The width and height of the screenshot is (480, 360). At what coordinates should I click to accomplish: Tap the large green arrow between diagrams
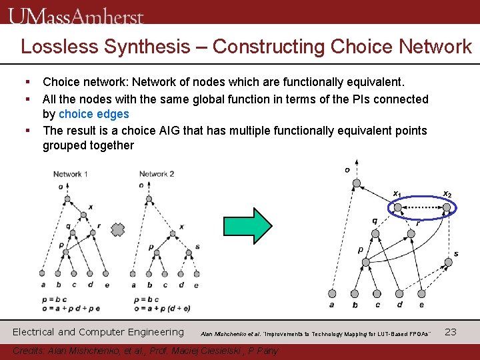[x=253, y=225]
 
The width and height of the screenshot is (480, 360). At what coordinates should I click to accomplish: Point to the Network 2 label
[x=157, y=174]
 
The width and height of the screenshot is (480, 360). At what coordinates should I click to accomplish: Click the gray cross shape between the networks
[x=117, y=230]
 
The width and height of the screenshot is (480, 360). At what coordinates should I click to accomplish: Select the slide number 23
[x=450, y=331]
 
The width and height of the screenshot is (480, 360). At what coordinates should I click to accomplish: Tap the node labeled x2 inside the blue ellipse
[x=446, y=208]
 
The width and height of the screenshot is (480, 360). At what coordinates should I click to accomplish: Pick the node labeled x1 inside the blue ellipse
[x=398, y=208]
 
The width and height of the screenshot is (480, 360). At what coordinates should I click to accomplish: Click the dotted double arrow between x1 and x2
[x=422, y=208]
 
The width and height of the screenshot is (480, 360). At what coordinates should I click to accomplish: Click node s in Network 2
[x=189, y=255]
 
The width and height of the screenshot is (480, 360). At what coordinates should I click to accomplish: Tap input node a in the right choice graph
[x=332, y=293]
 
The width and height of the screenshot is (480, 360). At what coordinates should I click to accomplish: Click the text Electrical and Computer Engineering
[x=98, y=331]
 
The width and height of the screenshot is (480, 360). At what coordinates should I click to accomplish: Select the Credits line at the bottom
[x=145, y=351]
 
